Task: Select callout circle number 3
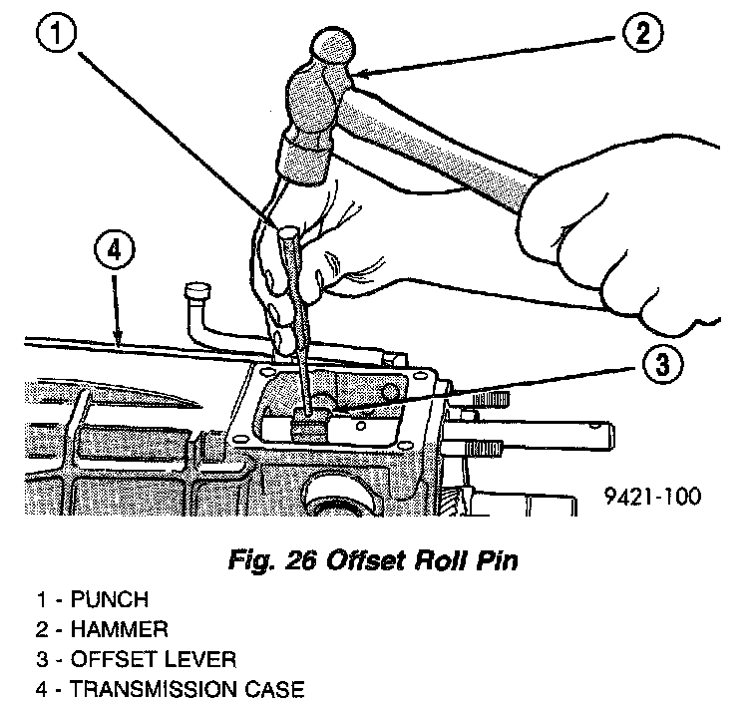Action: pos(661,363)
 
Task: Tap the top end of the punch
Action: pos(287,233)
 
